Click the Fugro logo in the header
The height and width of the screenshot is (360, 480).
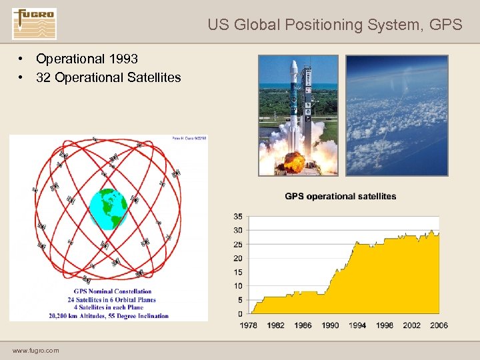(x=34, y=24)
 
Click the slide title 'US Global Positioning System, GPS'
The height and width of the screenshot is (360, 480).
(x=334, y=25)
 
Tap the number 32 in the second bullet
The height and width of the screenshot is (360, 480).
(x=44, y=77)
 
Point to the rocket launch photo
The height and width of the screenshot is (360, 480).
(x=298, y=115)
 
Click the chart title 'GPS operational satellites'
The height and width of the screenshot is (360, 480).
(x=340, y=196)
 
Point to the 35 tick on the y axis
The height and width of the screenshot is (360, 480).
(x=238, y=217)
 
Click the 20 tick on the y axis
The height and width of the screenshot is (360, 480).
(x=238, y=258)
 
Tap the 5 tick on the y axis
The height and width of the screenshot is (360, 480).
(x=240, y=299)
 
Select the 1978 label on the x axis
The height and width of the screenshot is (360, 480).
(x=249, y=325)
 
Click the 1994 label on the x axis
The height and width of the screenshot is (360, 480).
(x=357, y=325)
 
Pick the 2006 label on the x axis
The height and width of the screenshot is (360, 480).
(x=439, y=325)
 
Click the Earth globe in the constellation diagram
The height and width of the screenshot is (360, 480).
(x=108, y=209)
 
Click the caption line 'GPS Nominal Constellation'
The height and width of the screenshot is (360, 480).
(x=113, y=291)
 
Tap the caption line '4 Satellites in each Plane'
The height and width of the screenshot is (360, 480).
(x=113, y=307)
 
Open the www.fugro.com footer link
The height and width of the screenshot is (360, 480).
(x=35, y=350)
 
